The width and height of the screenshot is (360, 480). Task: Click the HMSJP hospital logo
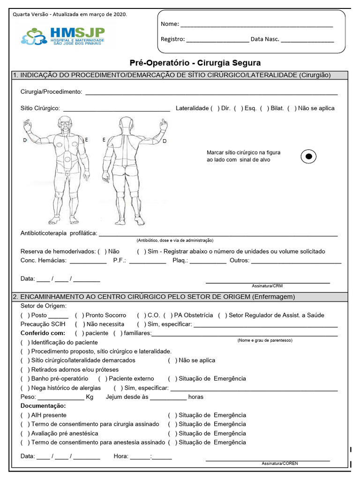point(63,36)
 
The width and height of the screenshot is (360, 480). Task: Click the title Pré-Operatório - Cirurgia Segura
point(195,63)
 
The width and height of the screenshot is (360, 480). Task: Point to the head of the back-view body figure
point(126,123)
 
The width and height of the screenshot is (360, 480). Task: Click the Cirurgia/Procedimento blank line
point(211,93)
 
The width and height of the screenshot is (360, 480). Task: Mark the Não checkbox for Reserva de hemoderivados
point(102,252)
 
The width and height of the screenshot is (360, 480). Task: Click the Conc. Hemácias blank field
point(88,262)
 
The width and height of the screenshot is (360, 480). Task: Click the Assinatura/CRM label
point(267,285)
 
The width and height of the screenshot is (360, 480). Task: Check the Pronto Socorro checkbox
point(79,315)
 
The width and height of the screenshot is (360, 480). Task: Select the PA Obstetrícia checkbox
point(168,315)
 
